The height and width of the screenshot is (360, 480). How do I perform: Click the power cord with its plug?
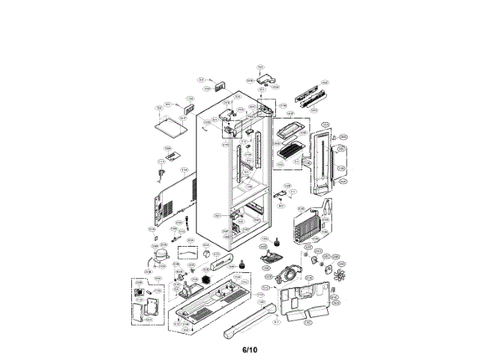161,175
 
